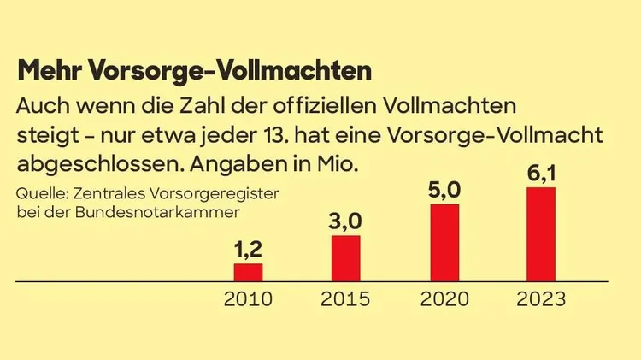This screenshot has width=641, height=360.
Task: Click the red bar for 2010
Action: [248, 272]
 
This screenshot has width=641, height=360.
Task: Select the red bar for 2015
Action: [345, 257]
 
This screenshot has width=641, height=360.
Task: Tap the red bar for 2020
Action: [444, 242]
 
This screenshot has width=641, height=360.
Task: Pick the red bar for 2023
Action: [541, 233]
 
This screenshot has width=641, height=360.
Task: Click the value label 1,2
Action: [248, 251]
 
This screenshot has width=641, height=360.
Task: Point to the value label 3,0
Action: [345, 222]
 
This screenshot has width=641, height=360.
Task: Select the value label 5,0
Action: [444, 192]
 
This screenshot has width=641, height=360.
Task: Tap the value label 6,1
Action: [541, 174]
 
